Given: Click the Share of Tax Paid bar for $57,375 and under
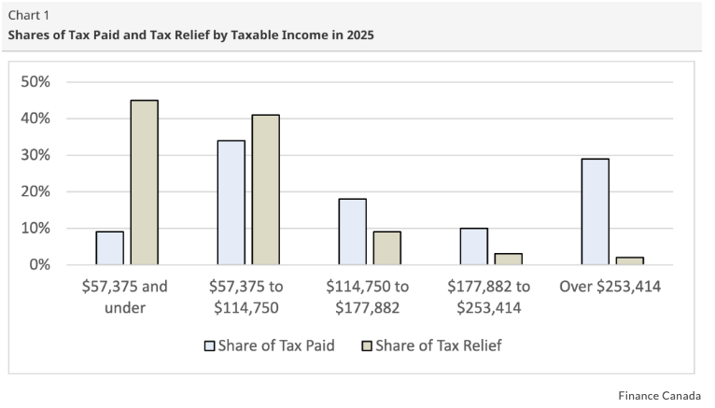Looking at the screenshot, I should coord(109,248).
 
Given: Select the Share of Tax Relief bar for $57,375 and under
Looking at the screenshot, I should coord(144,182).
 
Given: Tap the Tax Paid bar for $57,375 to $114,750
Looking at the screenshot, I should coord(231,203).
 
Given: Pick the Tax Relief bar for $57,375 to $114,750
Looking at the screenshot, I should coord(265,190).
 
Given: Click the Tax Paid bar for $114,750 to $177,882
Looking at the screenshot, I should coord(352,232).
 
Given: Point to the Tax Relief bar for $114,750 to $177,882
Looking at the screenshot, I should coord(386,248).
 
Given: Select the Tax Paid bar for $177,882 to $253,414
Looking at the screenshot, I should coord(473,246).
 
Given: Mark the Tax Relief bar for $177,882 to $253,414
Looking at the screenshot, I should coord(508,259).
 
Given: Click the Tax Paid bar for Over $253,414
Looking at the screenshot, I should coord(595,212).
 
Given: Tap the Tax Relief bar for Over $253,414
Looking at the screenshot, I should coord(629,260).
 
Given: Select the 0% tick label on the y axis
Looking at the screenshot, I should coord(40,265).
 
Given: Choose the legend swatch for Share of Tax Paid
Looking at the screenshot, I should coord(210,345).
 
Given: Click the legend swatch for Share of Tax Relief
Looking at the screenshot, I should coord(368,345).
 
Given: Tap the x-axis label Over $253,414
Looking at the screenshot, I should coord(610,287).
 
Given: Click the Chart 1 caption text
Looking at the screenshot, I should coord(29,15).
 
